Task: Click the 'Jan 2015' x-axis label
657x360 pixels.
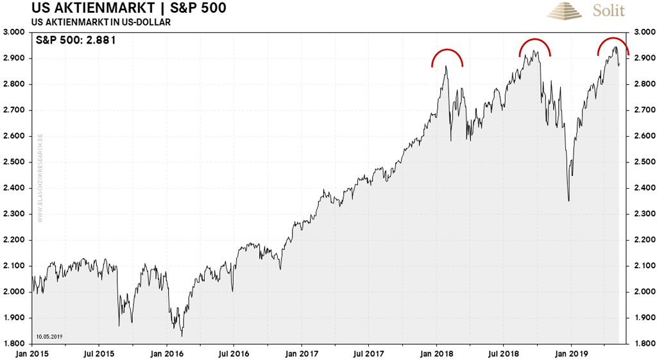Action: point(33,352)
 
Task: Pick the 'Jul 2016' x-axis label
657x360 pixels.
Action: point(235,352)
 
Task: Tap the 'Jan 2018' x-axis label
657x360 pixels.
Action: point(437,352)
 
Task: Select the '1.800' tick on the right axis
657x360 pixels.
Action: point(644,344)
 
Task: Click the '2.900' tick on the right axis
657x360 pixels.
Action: point(644,58)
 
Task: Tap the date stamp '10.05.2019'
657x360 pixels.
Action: point(48,336)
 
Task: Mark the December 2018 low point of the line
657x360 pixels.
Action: point(568,201)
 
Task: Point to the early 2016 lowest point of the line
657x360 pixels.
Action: point(182,336)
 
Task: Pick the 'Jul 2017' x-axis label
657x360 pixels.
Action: point(370,352)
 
